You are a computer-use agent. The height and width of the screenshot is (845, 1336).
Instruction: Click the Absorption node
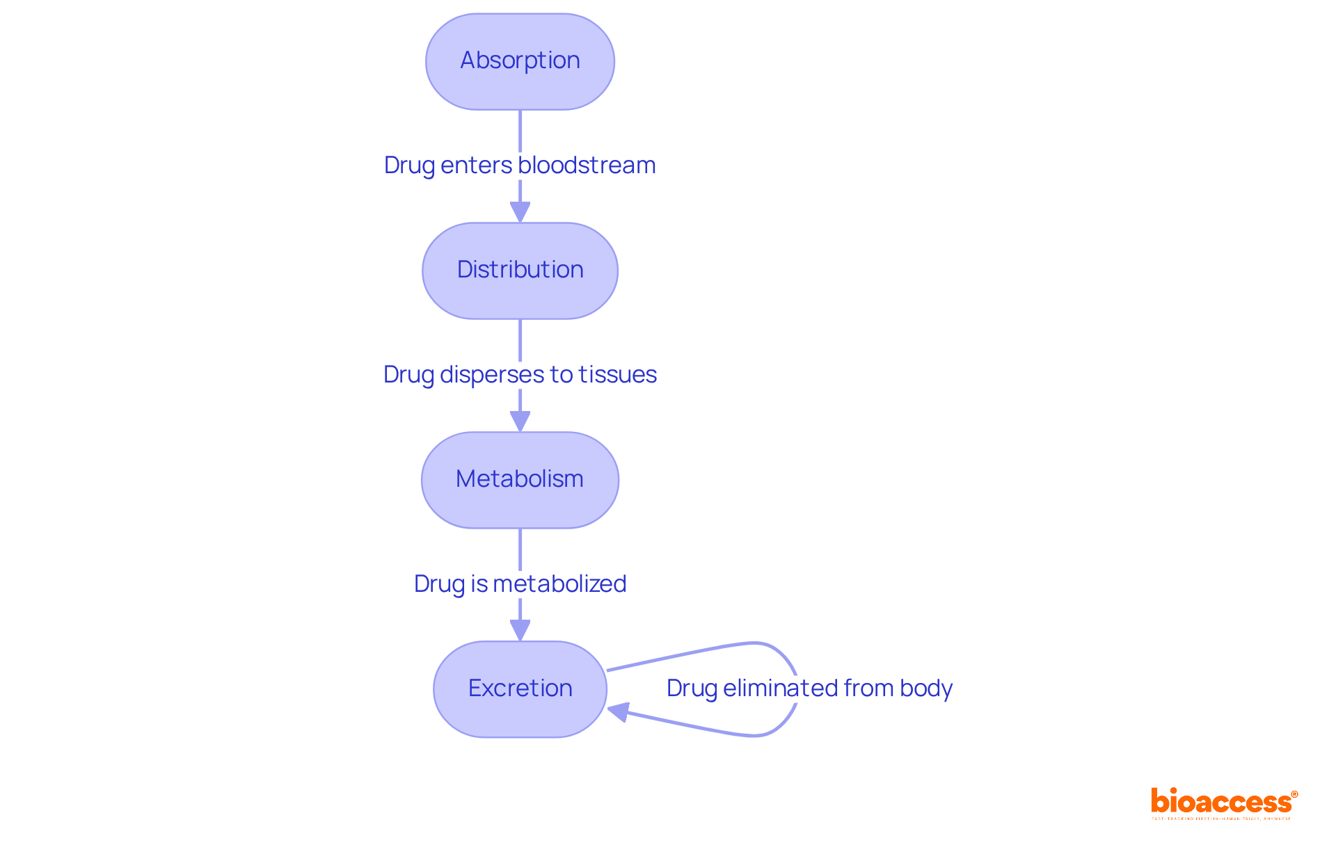(520, 61)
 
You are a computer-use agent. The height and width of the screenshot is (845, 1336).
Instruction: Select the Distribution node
(520, 271)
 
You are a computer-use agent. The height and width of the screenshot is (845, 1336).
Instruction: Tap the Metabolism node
(520, 480)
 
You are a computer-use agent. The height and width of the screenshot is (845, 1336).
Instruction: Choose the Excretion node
(520, 689)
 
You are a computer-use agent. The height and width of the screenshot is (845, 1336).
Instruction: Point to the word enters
(476, 166)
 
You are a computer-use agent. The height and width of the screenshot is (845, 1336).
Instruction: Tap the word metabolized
(559, 584)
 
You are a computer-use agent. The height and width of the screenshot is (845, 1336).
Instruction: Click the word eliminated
(780, 689)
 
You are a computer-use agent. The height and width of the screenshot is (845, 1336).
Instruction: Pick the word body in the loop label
(925, 689)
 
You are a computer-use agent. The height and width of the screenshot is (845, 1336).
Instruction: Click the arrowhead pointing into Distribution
(520, 211)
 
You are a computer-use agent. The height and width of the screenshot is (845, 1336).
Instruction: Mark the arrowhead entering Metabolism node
(520, 421)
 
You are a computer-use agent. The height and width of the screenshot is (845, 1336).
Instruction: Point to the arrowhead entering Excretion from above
(520, 630)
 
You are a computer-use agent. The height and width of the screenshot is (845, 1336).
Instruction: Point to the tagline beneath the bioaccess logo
(1221, 819)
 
